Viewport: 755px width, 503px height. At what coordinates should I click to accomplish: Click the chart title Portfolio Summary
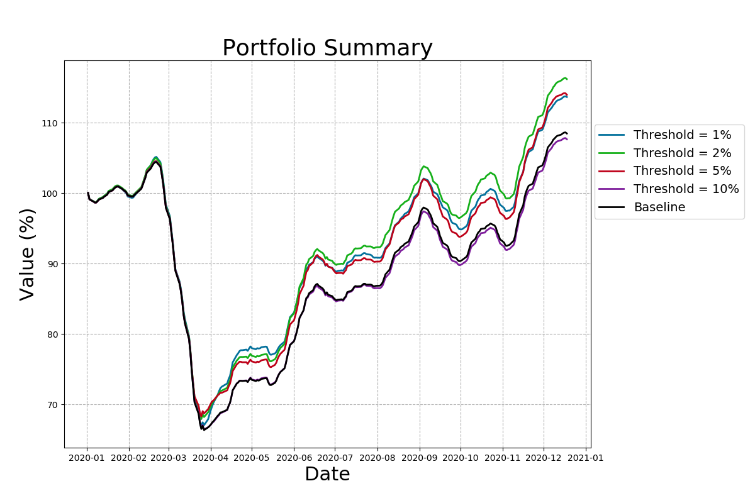[327, 48]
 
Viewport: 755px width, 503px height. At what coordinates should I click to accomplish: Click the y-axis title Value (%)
[27, 254]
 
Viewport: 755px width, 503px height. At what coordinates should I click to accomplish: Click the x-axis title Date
[327, 474]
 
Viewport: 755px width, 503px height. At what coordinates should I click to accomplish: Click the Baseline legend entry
[659, 207]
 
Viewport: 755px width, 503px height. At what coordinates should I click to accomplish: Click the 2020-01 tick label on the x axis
[87, 458]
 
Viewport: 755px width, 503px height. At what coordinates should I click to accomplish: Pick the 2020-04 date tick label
[210, 458]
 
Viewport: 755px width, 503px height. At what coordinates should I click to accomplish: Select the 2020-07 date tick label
[334, 458]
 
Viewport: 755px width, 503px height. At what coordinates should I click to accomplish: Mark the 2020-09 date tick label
[419, 458]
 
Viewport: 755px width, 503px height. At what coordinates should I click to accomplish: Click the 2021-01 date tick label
[586, 458]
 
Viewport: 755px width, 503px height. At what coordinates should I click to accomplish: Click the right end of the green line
[567, 79]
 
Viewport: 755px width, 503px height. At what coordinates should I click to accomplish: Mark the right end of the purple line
[567, 139]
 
